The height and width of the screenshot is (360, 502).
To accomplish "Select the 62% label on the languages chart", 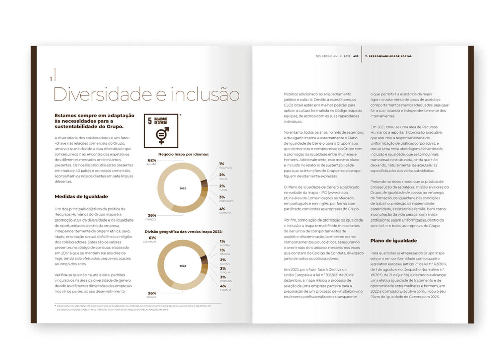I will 152,160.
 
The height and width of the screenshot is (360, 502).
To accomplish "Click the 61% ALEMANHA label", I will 152,238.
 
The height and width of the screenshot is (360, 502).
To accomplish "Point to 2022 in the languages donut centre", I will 183,188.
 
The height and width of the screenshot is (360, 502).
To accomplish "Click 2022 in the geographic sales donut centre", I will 183,266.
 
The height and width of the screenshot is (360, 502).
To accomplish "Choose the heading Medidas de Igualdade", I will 81,197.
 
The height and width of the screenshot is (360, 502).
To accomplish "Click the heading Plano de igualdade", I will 394,241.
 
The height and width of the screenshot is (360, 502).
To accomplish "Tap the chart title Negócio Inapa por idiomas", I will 183,154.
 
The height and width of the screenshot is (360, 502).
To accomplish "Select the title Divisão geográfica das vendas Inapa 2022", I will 183,232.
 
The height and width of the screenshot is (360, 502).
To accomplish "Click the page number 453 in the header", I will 356,56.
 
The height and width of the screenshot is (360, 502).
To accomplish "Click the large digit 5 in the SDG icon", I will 150,121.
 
